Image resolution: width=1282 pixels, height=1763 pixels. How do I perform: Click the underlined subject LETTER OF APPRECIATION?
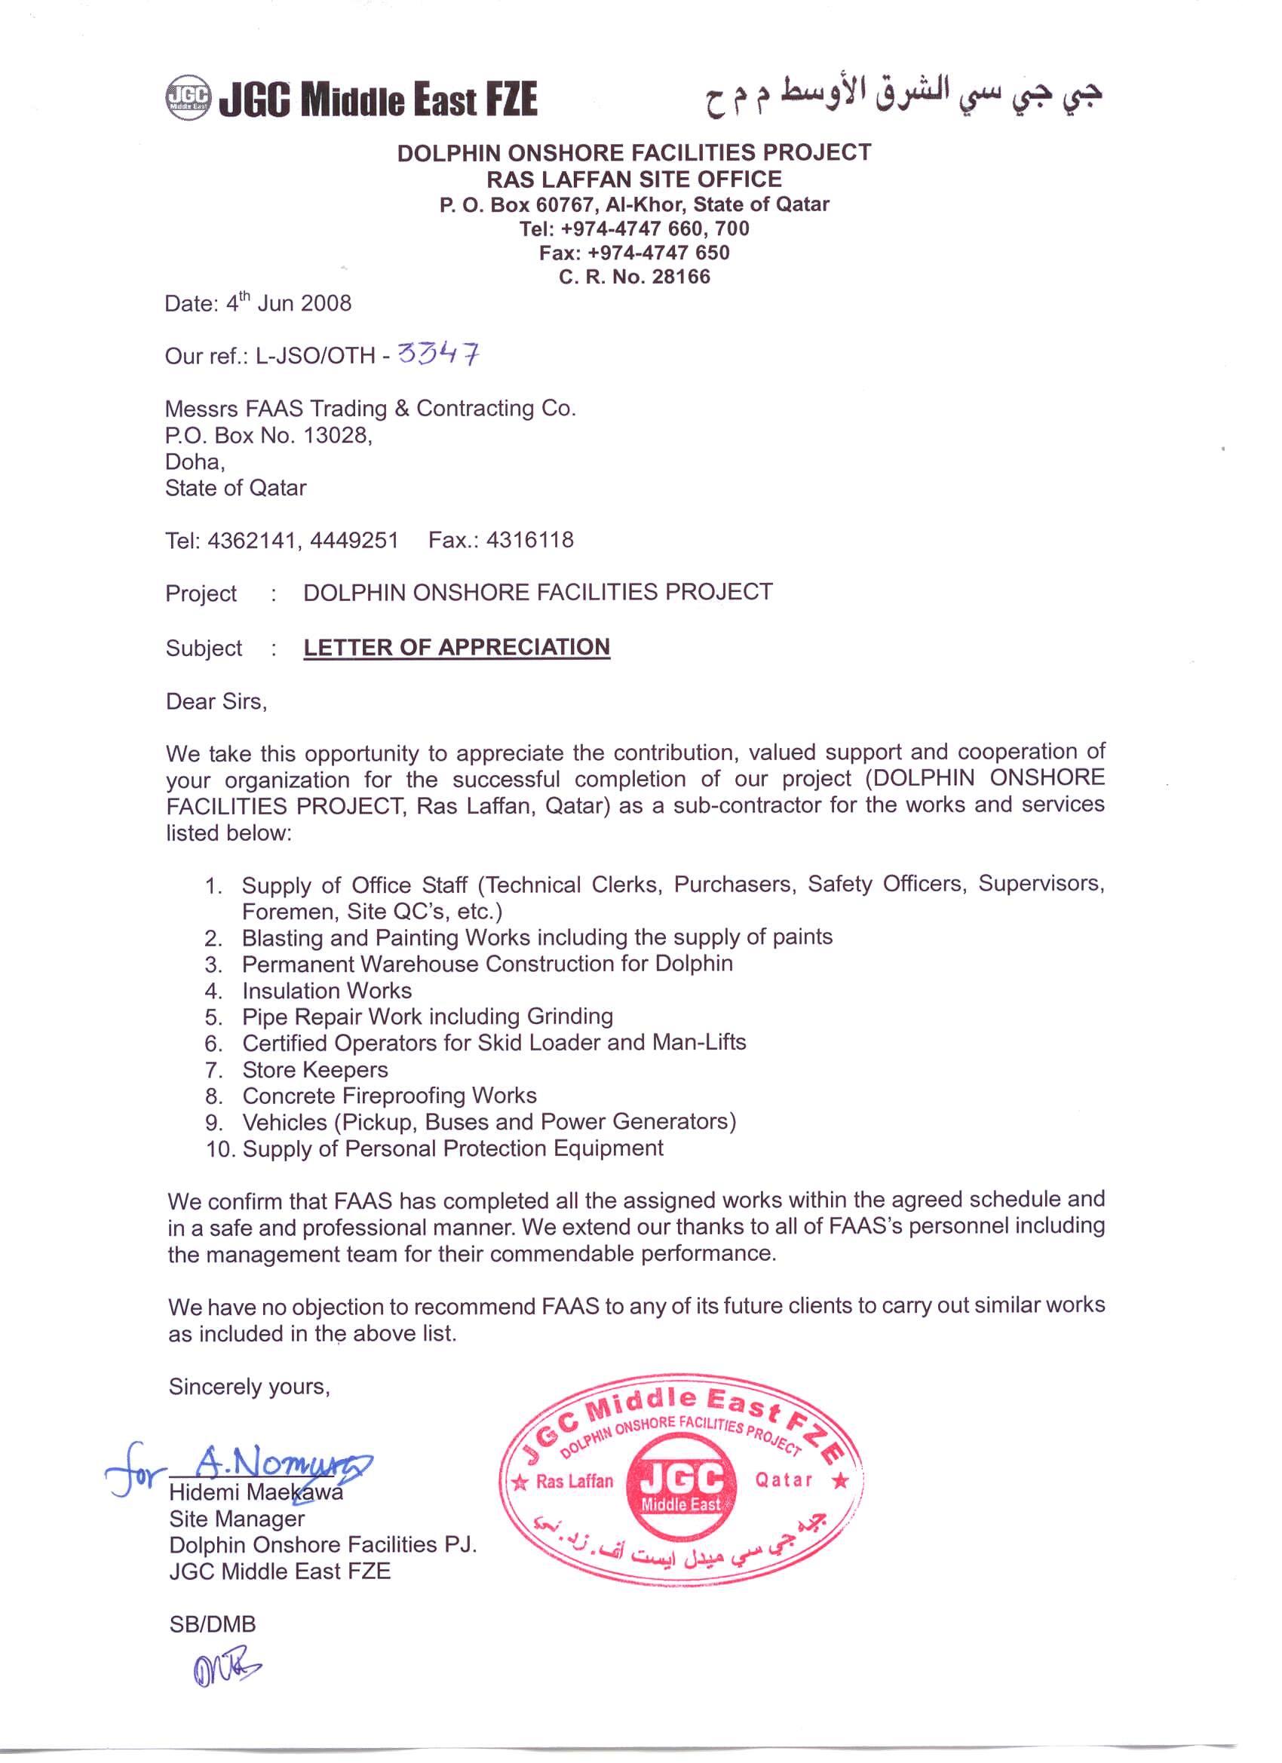coord(456,648)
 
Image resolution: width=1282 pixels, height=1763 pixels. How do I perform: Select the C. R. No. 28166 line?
coord(634,277)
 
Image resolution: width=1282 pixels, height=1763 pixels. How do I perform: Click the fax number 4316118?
coord(530,540)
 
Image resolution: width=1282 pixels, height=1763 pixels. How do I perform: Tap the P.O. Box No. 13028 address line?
coord(268,435)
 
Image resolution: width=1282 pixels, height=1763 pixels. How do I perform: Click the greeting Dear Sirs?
coord(216,701)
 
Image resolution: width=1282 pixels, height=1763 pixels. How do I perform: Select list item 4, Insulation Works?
coord(327,990)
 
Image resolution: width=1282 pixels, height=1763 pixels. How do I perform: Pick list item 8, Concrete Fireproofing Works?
coord(388,1096)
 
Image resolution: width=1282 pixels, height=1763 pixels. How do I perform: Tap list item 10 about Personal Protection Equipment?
coord(452,1148)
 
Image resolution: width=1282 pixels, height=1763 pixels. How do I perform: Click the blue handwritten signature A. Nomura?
coord(265,1464)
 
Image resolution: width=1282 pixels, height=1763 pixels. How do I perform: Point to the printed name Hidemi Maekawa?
coord(256,1492)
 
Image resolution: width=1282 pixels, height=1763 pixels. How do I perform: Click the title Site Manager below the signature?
coord(236,1518)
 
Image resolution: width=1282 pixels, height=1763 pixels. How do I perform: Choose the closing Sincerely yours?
coord(249,1386)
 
